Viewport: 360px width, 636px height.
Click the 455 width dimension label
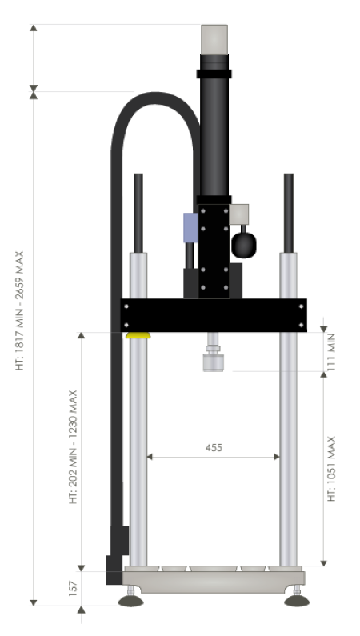pos(214,448)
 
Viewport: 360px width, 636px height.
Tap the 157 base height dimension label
pos(73,589)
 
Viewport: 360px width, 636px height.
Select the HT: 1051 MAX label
pos(331,469)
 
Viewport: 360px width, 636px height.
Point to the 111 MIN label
pos(331,352)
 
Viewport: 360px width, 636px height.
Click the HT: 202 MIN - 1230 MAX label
pos(73,447)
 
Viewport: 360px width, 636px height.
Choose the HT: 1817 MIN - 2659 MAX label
pos(19,310)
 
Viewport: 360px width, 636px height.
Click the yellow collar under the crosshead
pos(138,335)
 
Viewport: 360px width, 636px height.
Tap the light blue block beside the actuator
pos(191,227)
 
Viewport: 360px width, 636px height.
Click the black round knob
pos(244,245)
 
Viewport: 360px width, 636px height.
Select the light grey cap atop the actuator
pos(214,39)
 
